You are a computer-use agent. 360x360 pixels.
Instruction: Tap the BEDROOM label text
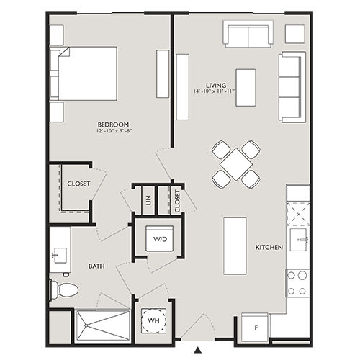tap(114, 125)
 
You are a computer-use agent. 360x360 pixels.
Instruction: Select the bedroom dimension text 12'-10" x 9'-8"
tap(114, 132)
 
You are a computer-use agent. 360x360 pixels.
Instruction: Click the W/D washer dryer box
tap(158, 239)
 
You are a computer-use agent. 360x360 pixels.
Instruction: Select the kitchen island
tap(235, 245)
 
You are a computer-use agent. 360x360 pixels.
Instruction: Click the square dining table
tap(235, 164)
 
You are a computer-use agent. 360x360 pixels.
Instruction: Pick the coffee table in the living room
tap(246, 87)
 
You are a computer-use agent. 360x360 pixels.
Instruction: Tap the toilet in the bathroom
tap(65, 290)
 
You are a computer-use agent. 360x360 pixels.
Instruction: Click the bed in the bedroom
tap(83, 73)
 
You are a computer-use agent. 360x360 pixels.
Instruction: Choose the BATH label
tap(97, 266)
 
